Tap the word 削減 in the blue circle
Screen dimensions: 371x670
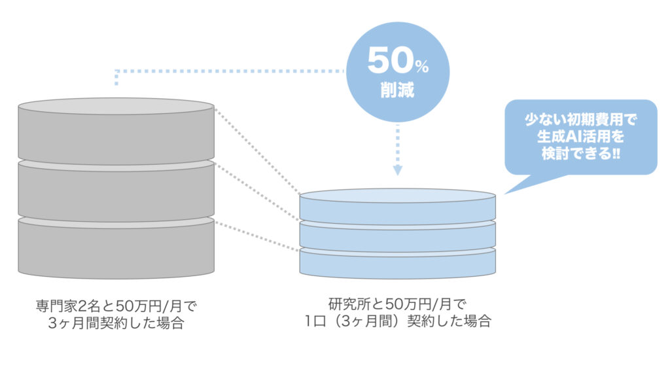397,90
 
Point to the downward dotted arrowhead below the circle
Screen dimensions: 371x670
397,171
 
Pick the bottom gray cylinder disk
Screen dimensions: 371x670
116,249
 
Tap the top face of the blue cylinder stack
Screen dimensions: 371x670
397,195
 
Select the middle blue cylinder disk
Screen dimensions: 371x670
397,234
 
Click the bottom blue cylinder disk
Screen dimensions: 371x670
397,263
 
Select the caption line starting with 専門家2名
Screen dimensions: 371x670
116,306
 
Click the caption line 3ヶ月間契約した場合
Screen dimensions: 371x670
116,323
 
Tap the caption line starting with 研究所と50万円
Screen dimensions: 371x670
397,304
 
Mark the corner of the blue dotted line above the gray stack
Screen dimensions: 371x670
116,70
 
